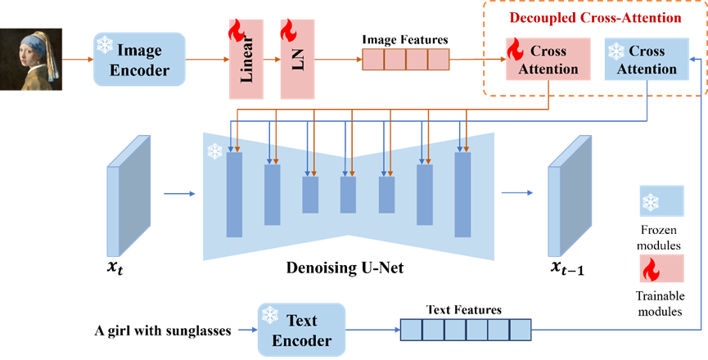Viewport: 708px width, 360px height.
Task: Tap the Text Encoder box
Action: click(301, 330)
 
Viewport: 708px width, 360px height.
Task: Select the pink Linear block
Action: click(246, 59)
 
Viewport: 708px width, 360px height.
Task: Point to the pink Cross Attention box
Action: click(548, 60)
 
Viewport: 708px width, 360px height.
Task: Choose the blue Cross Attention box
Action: click(647, 60)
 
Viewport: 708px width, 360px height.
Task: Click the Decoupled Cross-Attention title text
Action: click(595, 17)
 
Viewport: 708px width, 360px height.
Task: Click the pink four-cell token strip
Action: click(406, 60)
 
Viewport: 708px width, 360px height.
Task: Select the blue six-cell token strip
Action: click(465, 330)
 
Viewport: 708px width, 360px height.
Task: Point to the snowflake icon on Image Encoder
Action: click(105, 46)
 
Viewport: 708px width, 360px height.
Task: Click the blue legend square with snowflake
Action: click(661, 200)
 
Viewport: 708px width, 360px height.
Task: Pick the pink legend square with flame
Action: click(661, 268)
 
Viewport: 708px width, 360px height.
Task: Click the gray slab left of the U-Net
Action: click(129, 196)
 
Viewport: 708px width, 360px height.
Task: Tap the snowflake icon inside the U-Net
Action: click(214, 151)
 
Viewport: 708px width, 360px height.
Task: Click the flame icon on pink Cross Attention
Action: click(516, 49)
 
